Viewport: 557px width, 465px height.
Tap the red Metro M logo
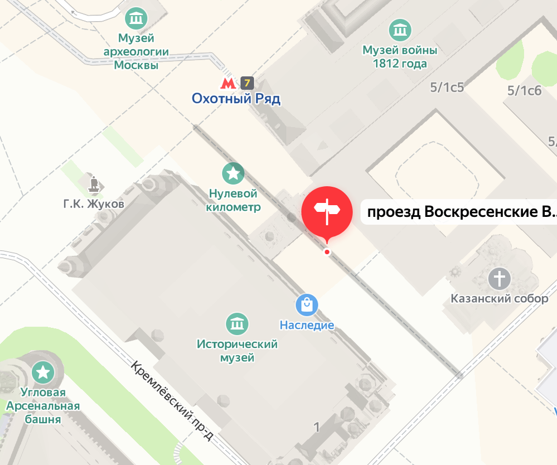tap(227, 84)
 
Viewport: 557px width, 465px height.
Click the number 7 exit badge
tap(247, 84)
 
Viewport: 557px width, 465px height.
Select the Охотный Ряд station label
tap(236, 99)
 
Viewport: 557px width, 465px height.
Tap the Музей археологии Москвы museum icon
tap(136, 19)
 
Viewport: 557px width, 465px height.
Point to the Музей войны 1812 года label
tap(400, 57)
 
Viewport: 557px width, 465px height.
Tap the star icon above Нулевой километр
tap(233, 173)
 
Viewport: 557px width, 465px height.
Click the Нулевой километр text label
tap(233, 200)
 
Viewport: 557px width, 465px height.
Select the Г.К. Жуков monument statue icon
tap(94, 184)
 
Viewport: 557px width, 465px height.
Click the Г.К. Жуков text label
tap(93, 204)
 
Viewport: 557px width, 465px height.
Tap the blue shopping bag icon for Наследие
tap(307, 304)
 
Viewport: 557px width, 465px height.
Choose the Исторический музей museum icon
tap(237, 323)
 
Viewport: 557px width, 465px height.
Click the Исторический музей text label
tap(237, 351)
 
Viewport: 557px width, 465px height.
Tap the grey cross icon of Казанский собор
tap(500, 278)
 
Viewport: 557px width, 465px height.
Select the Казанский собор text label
tap(500, 299)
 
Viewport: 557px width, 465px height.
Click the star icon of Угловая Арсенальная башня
tap(43, 372)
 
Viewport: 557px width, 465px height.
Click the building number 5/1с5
tap(447, 87)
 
